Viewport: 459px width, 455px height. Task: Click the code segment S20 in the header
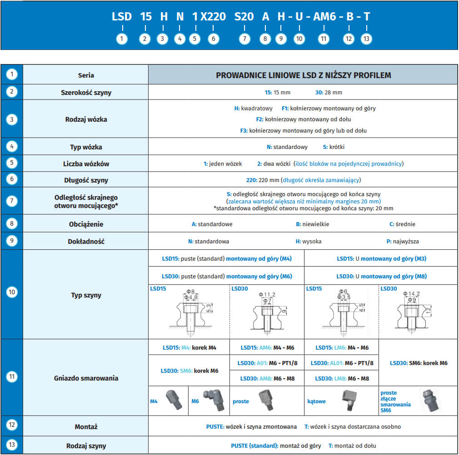[x=244, y=17]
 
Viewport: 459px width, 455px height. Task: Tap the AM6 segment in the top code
[x=324, y=17]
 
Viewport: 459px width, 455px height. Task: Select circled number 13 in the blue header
[x=366, y=39]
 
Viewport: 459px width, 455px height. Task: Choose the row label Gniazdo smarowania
[x=86, y=378]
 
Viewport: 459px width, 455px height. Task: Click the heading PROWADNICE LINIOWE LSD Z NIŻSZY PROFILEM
[x=303, y=75]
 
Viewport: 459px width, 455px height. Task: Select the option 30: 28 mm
[x=329, y=92]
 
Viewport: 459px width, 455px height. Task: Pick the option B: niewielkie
[x=312, y=224]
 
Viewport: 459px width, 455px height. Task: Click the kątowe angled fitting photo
[x=347, y=400]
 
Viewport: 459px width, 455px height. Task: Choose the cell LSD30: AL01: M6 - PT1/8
[x=342, y=363]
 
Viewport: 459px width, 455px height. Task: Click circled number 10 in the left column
[x=12, y=292]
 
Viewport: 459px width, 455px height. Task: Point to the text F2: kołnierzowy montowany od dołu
[x=303, y=119]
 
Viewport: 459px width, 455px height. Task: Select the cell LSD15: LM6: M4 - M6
[x=342, y=348]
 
